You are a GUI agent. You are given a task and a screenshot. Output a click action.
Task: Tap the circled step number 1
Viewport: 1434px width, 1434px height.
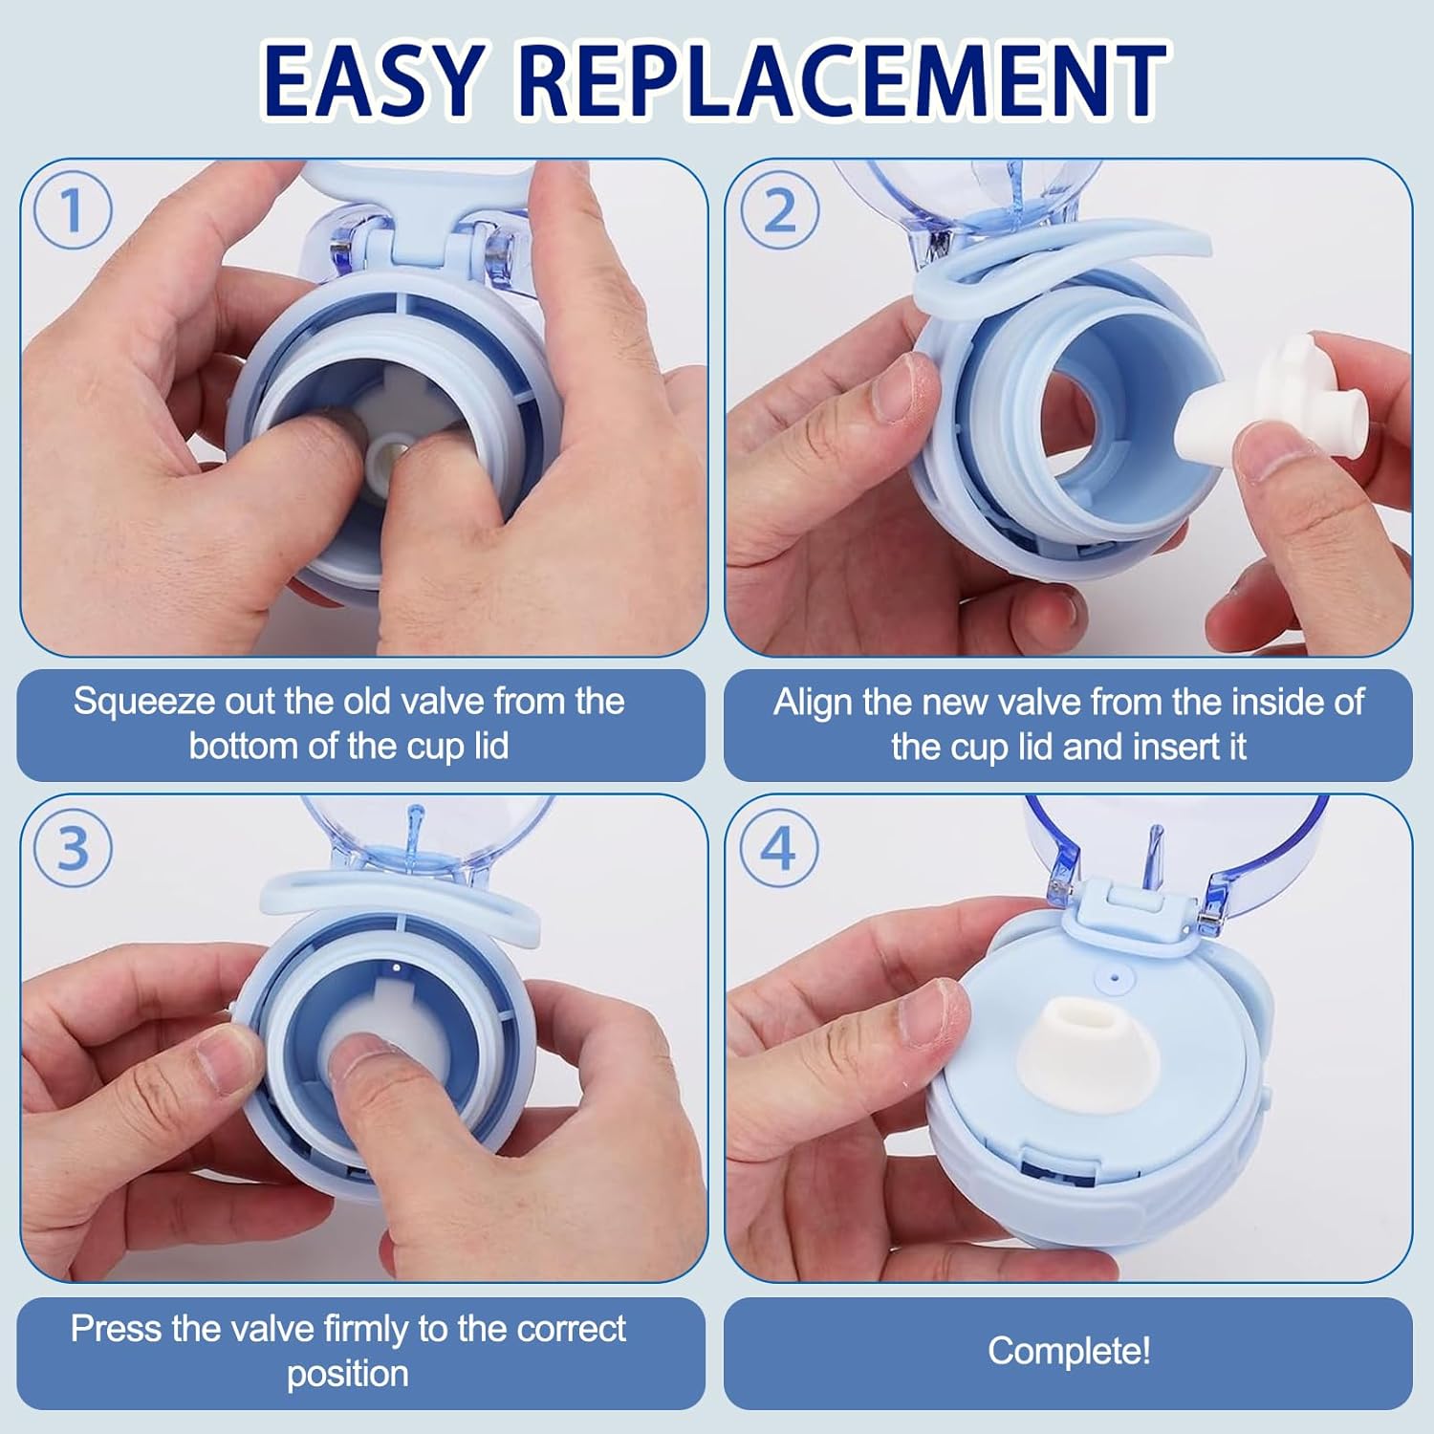[73, 210]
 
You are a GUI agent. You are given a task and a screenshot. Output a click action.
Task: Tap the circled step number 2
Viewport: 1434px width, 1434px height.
[779, 210]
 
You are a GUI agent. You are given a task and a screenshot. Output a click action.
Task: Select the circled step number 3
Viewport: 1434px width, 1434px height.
[73, 848]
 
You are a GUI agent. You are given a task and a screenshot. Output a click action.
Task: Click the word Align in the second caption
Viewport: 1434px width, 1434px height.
[813, 703]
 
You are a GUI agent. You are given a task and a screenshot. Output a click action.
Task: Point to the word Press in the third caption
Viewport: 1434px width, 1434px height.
[113, 1329]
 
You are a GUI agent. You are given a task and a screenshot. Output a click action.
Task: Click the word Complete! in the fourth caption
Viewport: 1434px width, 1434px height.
[1068, 1351]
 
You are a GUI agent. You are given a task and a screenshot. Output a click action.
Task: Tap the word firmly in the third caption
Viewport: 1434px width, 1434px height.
[366, 1329]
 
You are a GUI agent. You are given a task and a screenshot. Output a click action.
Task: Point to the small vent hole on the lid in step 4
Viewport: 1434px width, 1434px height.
[1112, 977]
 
